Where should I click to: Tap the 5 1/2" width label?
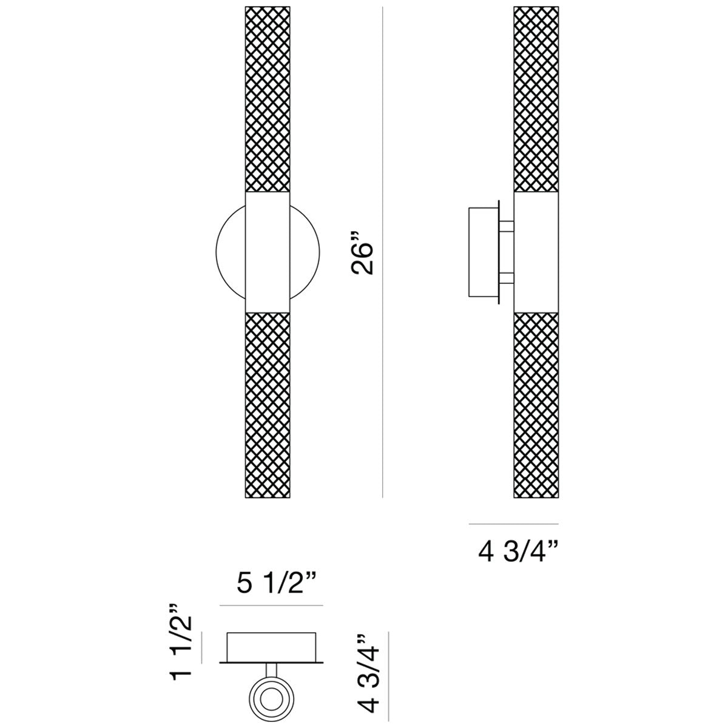(x=271, y=585)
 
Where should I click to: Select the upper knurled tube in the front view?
(x=268, y=100)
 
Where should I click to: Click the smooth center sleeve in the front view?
(x=268, y=252)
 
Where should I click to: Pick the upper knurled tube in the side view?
(x=536, y=100)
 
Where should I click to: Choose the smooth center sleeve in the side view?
(x=536, y=252)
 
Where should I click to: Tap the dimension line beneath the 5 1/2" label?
(x=271, y=605)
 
